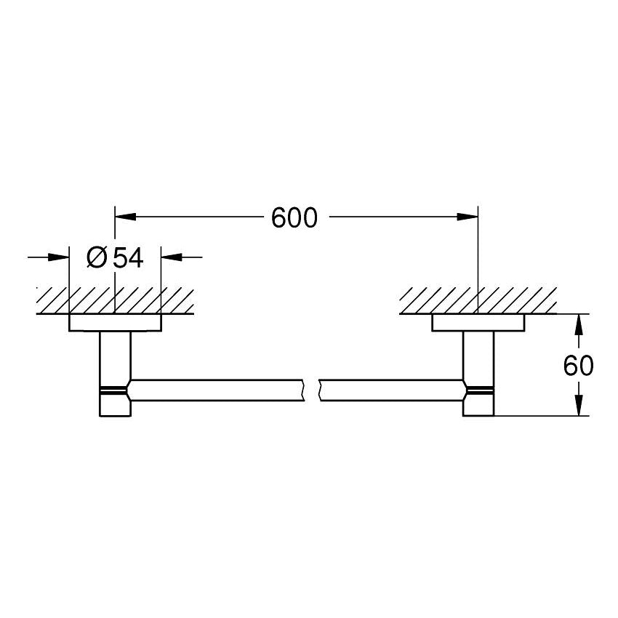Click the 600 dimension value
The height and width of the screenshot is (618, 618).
(294, 217)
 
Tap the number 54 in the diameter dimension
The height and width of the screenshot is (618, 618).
(128, 257)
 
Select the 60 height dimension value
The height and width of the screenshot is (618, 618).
(578, 366)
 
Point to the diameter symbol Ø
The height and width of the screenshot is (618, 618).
(97, 257)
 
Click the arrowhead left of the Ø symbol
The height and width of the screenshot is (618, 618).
(58, 257)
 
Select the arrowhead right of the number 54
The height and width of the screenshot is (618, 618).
(172, 257)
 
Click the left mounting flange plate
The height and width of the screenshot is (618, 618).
(115, 323)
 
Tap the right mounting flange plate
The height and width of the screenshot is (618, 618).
(478, 323)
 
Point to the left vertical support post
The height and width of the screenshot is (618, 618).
(115, 356)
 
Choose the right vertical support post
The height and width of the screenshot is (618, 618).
(478, 356)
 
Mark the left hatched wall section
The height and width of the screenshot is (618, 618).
(115, 300)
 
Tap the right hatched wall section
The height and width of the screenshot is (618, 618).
(478, 300)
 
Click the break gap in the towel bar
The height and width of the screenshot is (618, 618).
(310, 390)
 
